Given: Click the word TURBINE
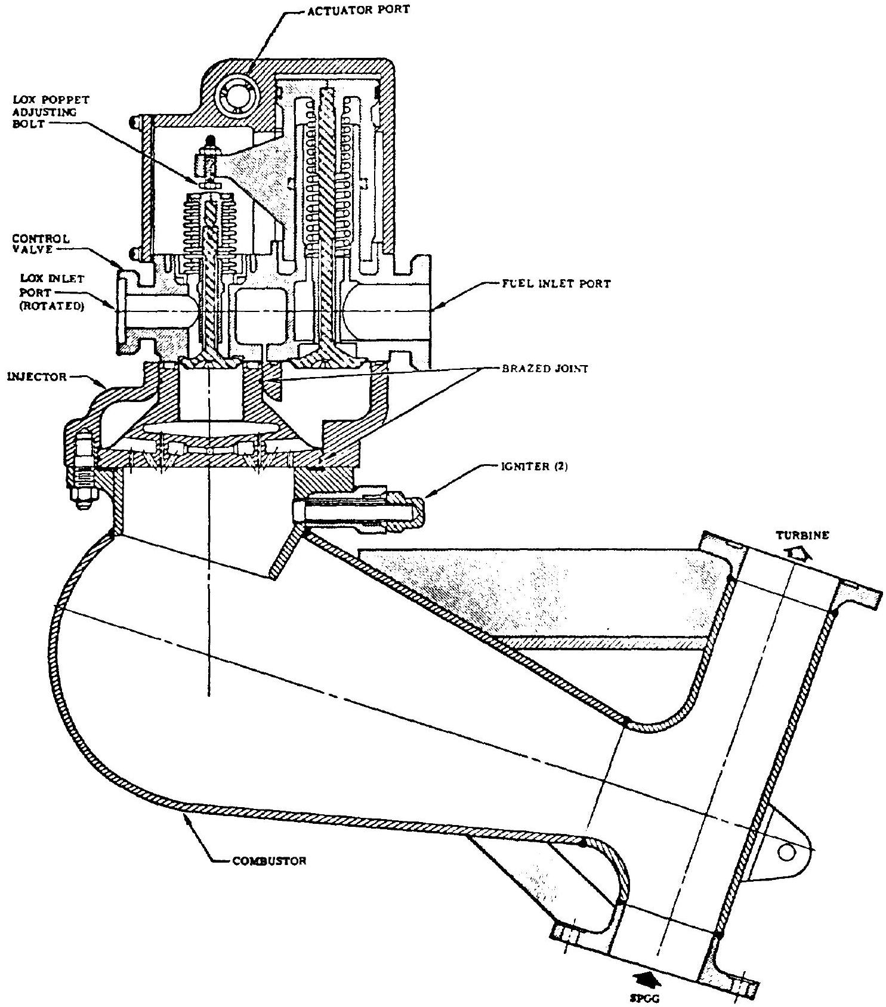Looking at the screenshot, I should pyautogui.click(x=803, y=535).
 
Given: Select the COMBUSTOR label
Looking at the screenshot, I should pyautogui.click(x=269, y=861).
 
